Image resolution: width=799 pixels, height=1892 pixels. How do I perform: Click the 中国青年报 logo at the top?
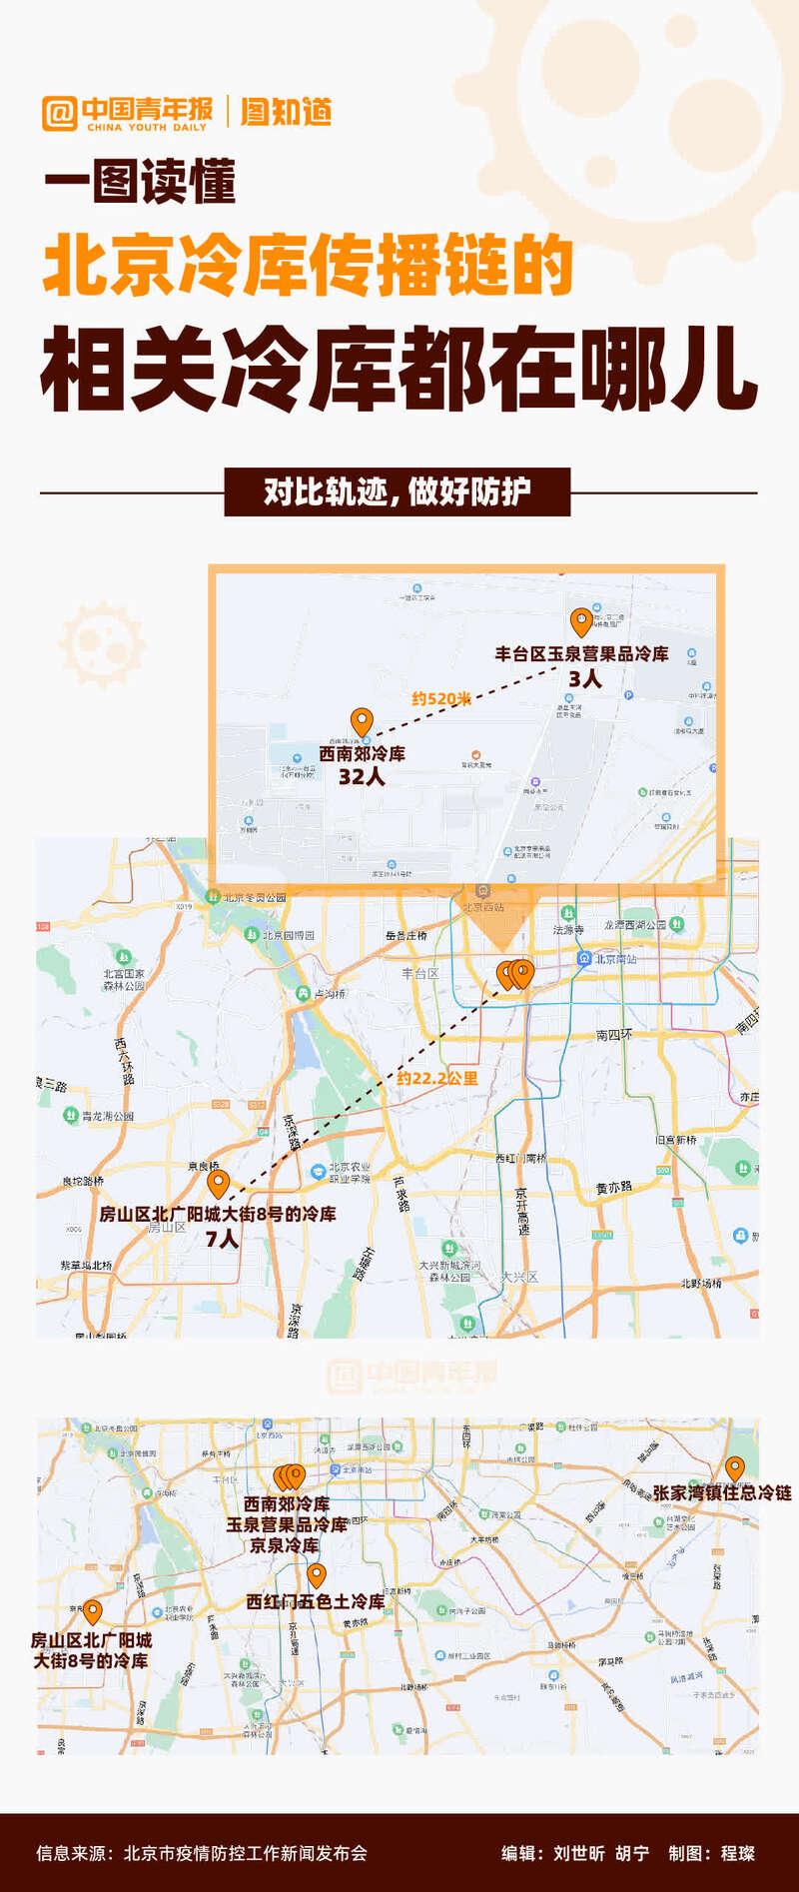point(127,113)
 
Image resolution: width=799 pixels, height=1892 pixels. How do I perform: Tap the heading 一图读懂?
point(140,182)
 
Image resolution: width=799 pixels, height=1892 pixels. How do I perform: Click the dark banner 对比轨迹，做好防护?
point(398,491)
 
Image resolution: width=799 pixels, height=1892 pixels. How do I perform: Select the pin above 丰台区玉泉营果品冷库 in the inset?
point(580,621)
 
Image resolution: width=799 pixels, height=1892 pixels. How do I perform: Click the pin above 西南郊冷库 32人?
point(362,720)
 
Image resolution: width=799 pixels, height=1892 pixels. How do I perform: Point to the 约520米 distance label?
point(441,698)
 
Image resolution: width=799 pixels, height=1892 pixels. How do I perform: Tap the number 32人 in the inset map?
point(361,776)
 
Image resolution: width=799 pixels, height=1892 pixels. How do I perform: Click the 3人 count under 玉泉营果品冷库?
point(584,678)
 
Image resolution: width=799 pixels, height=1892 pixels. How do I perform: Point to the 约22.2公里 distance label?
point(436,1078)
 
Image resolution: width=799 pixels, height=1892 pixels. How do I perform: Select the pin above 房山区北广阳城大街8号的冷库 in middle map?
point(218,1184)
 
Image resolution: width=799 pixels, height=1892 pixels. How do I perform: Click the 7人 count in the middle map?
point(222,1239)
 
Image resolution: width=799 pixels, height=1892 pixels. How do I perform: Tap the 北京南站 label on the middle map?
point(615,958)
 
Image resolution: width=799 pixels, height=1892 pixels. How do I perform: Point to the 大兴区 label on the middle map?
point(519,1276)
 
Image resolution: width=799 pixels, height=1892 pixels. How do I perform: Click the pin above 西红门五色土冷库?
point(317,1575)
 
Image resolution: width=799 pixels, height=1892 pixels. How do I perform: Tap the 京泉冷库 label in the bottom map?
point(285,1545)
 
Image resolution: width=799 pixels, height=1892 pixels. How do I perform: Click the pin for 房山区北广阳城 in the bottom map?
point(93,1610)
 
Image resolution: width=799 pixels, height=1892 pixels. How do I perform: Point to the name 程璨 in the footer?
point(738,1853)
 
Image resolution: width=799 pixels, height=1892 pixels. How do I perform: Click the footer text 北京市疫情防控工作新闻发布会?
point(246,1853)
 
